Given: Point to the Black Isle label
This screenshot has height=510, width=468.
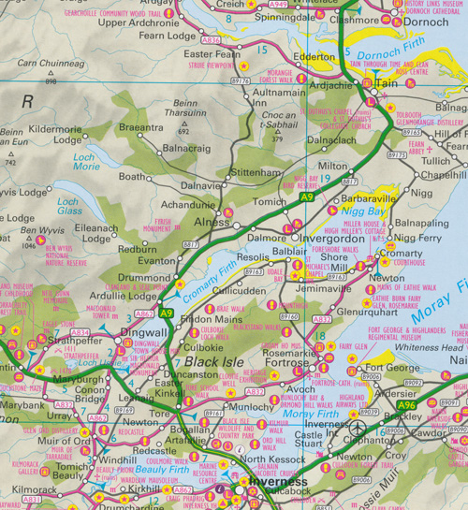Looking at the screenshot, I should coord(216,362).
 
